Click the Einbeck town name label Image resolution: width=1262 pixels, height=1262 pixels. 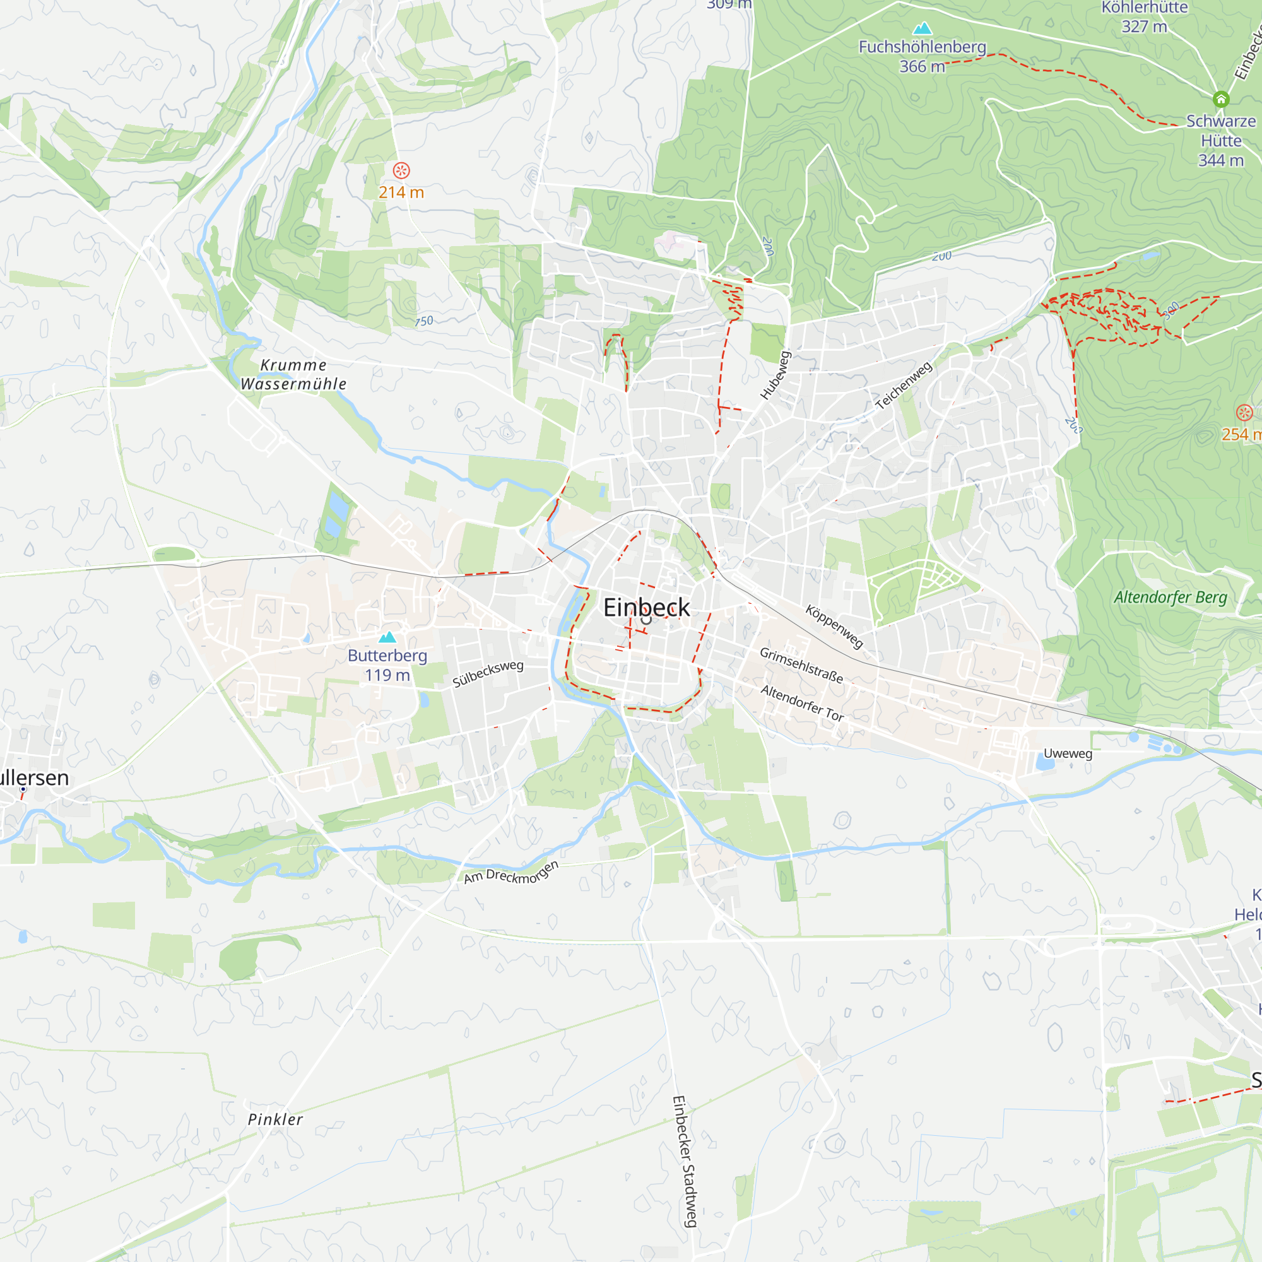pos(646,607)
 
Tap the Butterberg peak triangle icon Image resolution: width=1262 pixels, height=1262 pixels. pos(388,637)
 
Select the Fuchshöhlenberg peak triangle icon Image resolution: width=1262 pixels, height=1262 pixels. pos(922,28)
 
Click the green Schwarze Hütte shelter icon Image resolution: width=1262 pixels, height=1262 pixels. pos(1221,99)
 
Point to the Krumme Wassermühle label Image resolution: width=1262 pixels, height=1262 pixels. pos(293,374)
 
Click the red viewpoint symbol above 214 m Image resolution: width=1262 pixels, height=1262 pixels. pos(401,170)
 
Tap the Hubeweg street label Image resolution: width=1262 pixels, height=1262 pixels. pos(776,375)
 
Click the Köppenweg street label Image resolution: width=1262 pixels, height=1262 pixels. pos(834,627)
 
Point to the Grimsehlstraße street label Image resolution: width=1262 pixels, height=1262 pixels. pos(801,665)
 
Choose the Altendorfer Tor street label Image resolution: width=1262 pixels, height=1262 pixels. pos(802,703)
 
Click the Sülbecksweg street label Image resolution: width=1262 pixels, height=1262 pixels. pos(488,673)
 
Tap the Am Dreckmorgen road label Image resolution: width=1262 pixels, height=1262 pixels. pos(512,873)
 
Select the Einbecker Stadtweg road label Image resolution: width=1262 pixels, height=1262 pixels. pos(685,1162)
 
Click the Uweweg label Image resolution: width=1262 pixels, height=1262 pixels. pos(1068,753)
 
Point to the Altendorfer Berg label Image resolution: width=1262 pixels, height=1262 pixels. pos(1170,597)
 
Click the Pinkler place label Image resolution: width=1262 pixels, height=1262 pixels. pos(275,1119)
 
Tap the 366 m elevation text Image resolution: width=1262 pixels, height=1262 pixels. pos(922,67)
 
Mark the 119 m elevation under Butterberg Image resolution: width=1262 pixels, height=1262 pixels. pos(387,675)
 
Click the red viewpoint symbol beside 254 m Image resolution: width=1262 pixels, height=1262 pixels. pos(1244,412)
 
